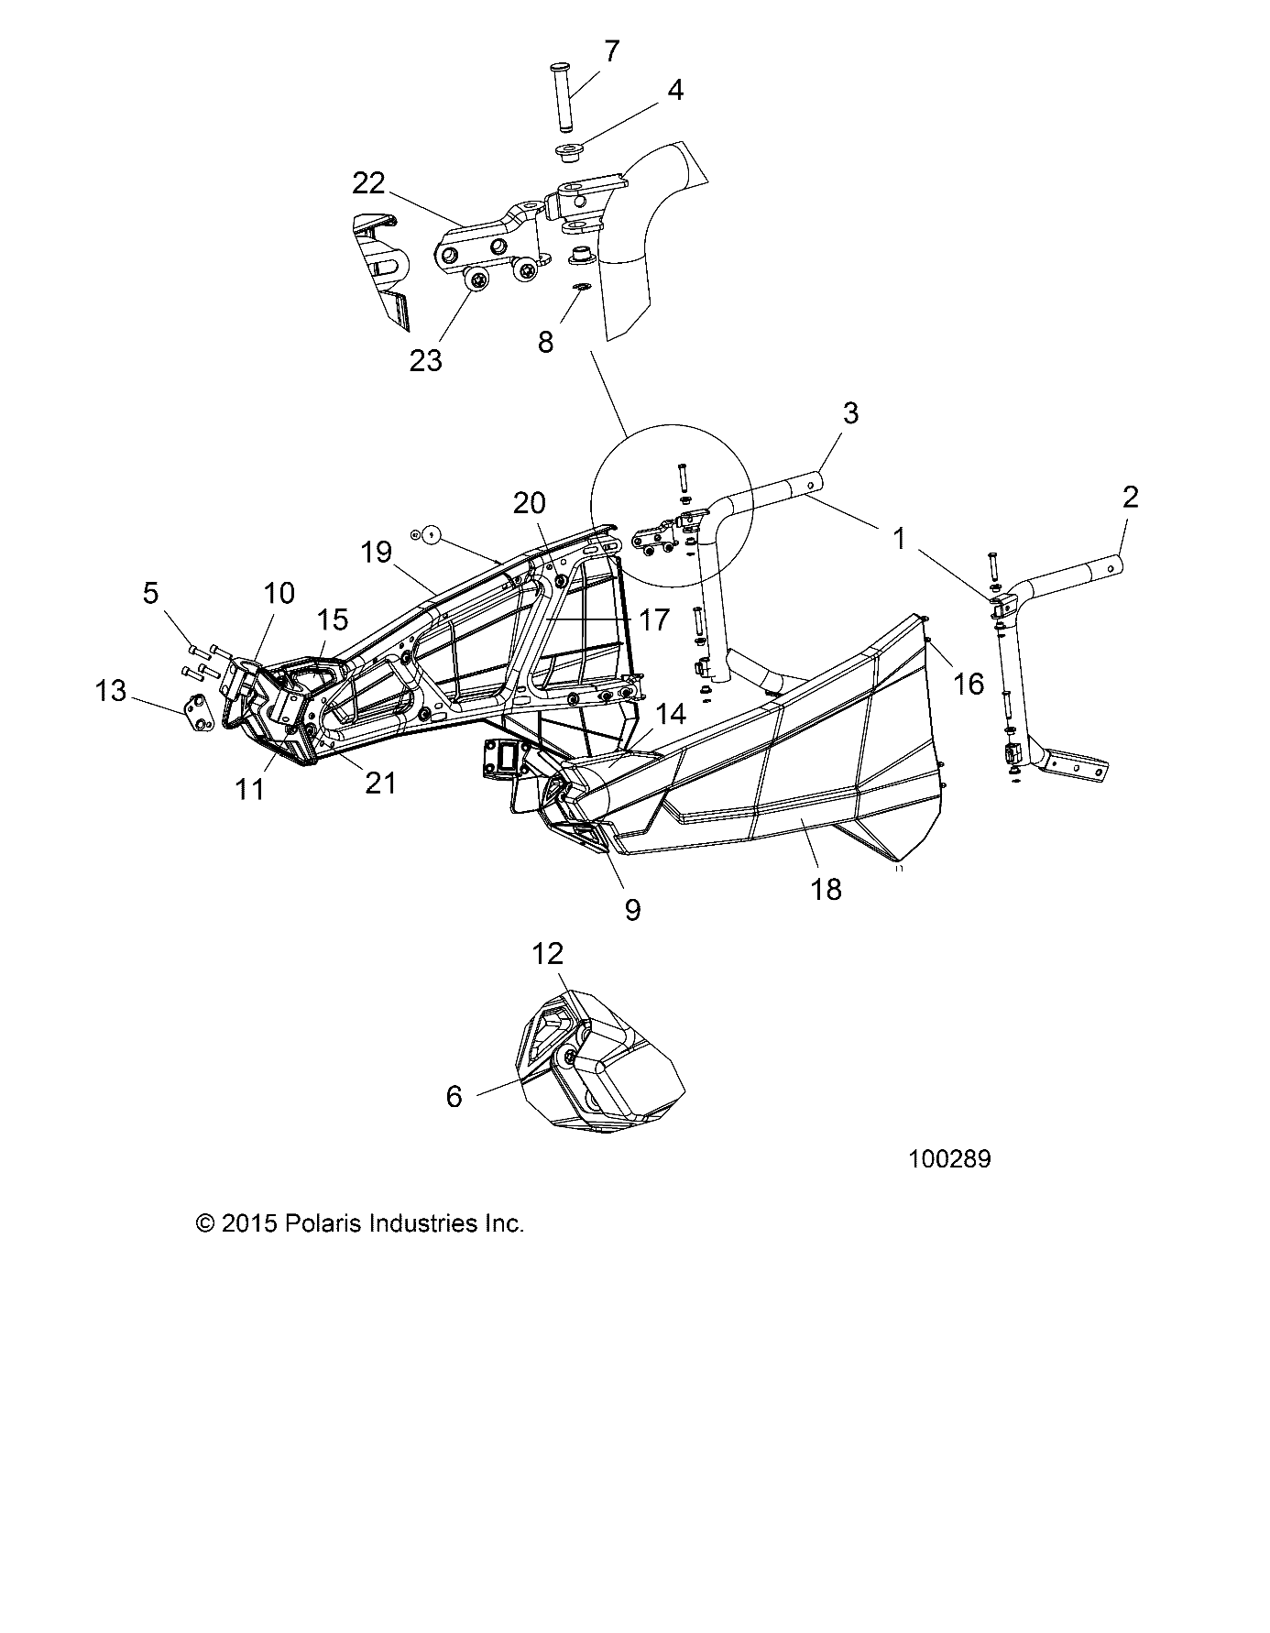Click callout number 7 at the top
click(612, 52)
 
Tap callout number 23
click(426, 360)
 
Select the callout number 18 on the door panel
click(827, 889)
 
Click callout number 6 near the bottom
click(454, 1096)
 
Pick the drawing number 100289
click(949, 1159)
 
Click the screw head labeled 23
click(477, 279)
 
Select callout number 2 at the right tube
click(1130, 498)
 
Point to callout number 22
click(368, 183)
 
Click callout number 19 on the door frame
click(376, 552)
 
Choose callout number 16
click(969, 683)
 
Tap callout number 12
click(547, 953)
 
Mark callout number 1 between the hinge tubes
click(899, 538)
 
